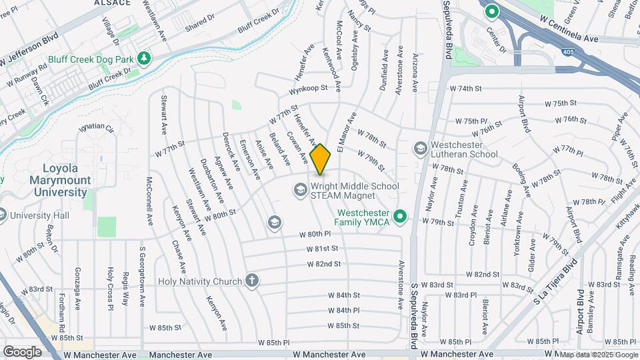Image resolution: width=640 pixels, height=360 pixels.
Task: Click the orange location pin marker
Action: tap(320, 159)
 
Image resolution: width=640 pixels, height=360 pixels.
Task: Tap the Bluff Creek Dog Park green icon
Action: tap(143, 59)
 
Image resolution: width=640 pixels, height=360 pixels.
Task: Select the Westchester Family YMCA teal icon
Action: tap(400, 216)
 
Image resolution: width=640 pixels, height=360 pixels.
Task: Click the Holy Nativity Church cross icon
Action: tap(251, 281)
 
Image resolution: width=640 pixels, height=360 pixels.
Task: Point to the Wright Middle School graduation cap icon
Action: tap(299, 191)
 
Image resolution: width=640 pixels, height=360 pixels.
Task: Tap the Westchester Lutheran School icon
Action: tap(421, 147)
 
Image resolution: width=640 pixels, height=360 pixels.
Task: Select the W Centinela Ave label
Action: tap(570, 39)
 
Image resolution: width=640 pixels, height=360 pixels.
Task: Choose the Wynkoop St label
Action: tap(309, 89)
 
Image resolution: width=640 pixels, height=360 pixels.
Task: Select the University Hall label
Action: tap(39, 215)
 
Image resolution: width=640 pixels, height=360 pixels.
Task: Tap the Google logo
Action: tap(22, 351)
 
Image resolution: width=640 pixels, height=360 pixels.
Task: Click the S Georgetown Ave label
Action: tap(142, 277)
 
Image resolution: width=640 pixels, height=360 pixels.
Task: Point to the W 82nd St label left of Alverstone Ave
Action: tap(324, 264)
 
